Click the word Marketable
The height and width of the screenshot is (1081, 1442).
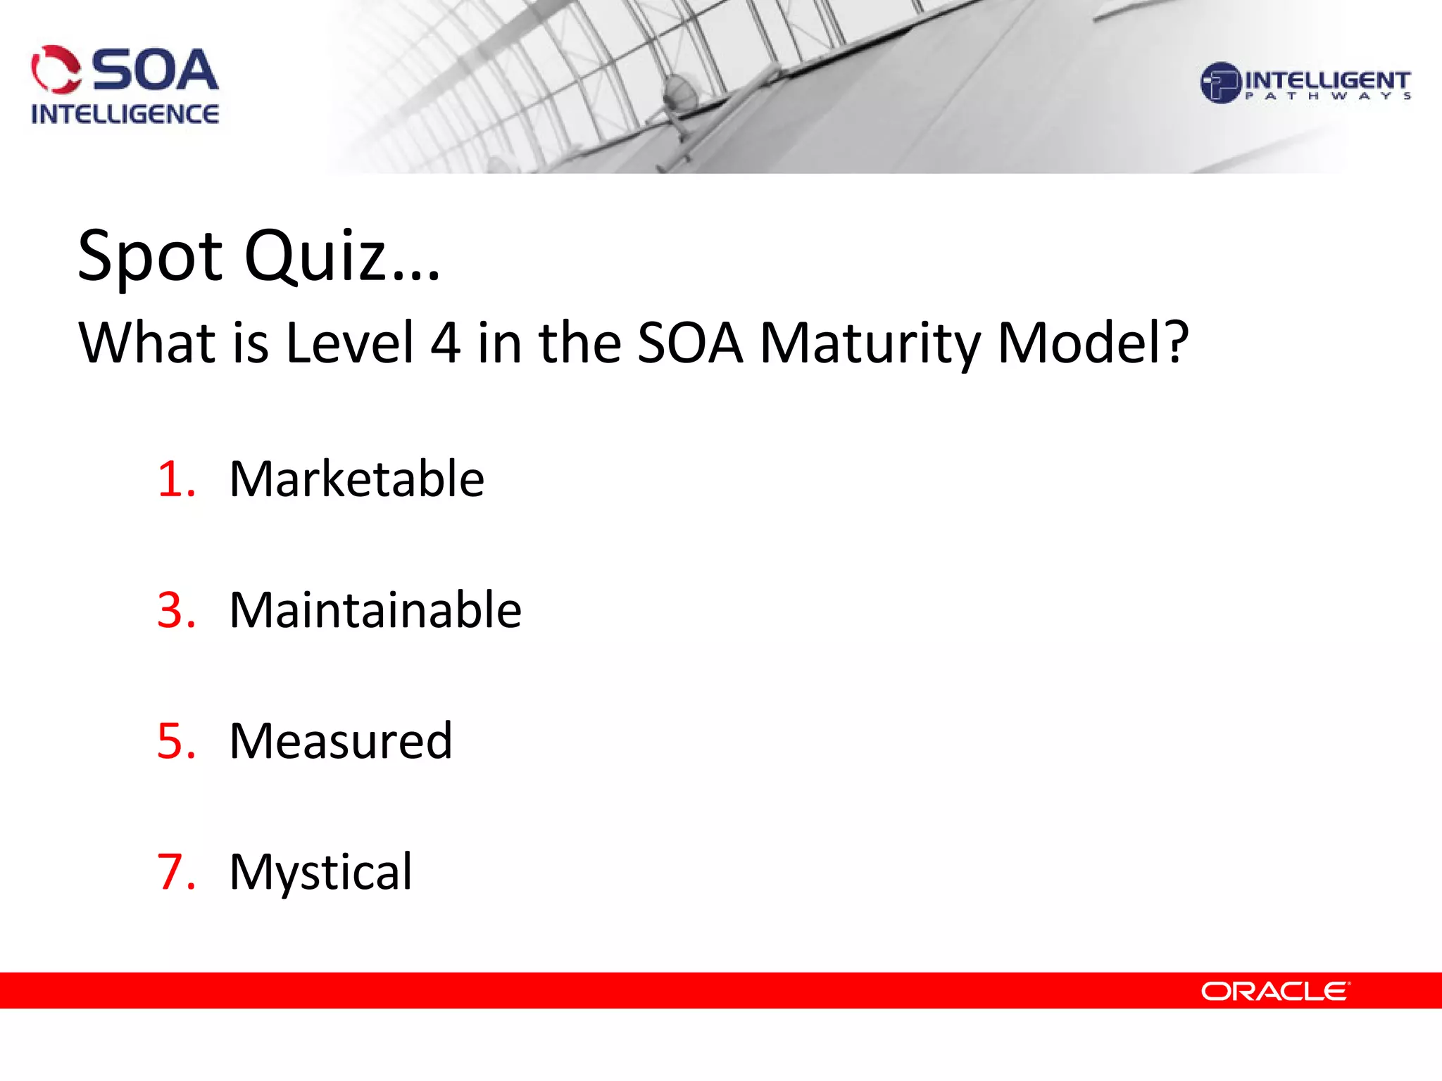[356, 479]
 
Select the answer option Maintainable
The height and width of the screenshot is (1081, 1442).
[375, 609]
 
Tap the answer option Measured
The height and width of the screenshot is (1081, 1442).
[341, 741]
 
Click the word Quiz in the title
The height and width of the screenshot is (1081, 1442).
[341, 255]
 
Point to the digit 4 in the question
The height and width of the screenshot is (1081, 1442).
[445, 343]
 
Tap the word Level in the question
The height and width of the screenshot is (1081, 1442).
[349, 343]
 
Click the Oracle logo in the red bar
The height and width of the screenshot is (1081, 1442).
[1274, 992]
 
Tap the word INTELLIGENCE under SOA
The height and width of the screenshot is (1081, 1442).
[125, 114]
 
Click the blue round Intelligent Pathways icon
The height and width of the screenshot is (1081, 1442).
[1220, 83]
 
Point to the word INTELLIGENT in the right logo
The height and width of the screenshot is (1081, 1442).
[1327, 80]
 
